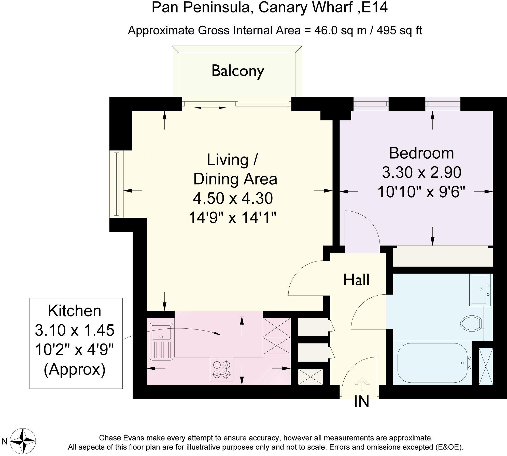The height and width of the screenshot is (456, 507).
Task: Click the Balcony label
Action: click(x=238, y=72)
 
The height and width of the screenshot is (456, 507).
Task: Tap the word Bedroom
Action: click(x=421, y=153)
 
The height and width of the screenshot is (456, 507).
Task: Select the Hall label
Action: click(x=356, y=280)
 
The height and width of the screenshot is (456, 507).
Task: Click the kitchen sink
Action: click(x=161, y=341)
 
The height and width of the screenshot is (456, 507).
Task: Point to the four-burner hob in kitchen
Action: click(x=221, y=370)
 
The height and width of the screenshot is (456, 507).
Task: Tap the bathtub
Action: click(x=433, y=363)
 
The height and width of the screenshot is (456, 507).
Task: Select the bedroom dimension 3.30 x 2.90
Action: click(x=421, y=172)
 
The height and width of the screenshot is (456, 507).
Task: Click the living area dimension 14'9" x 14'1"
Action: click(x=232, y=218)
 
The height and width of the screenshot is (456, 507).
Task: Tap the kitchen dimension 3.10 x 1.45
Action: click(x=75, y=330)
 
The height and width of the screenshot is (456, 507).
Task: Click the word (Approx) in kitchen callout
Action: click(x=75, y=370)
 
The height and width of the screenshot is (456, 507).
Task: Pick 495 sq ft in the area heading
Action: click(x=399, y=31)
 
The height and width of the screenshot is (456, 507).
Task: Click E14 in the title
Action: click(x=375, y=8)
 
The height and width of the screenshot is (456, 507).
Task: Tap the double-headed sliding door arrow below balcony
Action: click(x=210, y=108)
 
